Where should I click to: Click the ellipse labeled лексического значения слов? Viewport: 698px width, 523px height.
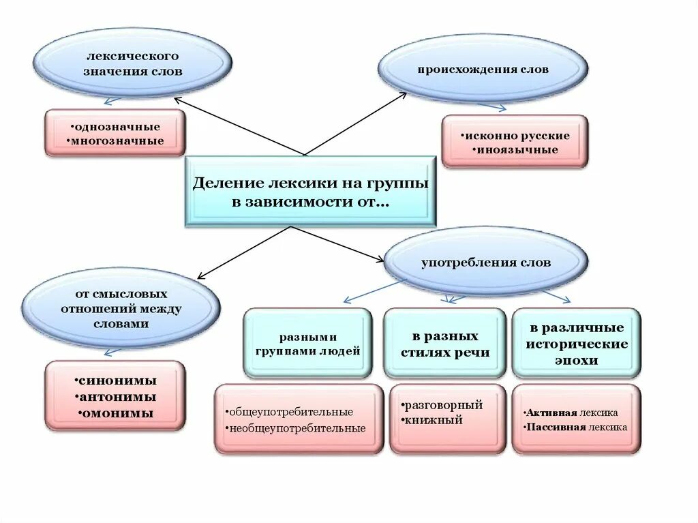(133, 63)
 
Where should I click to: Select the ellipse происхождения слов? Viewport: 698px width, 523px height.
(483, 70)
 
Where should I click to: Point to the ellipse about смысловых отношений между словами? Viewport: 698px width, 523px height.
(121, 309)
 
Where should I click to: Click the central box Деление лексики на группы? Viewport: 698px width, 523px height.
(310, 192)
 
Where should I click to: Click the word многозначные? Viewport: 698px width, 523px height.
(118, 140)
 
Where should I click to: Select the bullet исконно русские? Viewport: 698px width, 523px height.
(516, 136)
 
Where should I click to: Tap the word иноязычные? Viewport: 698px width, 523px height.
(516, 149)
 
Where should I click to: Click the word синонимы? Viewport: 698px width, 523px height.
(117, 380)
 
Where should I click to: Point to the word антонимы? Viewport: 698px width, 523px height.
(117, 397)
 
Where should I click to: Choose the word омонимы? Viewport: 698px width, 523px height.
(117, 413)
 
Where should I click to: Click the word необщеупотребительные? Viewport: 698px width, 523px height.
(299, 428)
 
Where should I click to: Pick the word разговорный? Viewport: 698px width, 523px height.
(444, 405)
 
